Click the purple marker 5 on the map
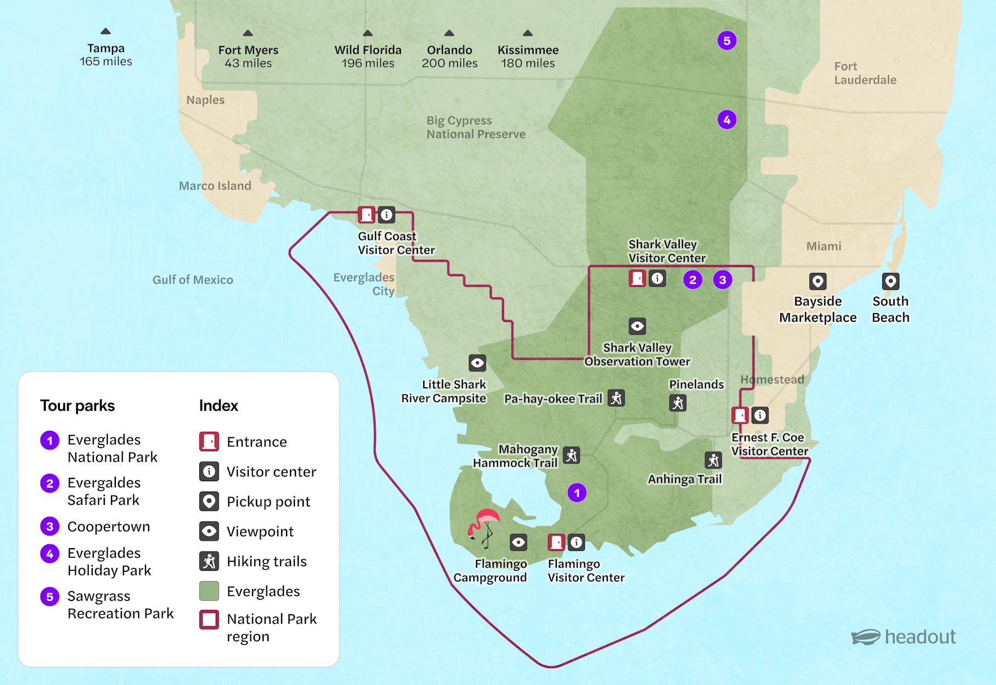coord(726,41)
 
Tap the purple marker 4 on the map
coord(726,120)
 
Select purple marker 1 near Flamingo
coord(577,493)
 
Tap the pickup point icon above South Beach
coord(890,282)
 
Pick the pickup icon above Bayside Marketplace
coord(818,282)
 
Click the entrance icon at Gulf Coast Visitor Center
coord(366,215)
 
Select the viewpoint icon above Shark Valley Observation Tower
coord(637,326)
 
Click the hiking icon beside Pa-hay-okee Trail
coord(617,398)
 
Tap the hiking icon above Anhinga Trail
coord(713,460)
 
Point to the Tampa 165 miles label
coord(106,54)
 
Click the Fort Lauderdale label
coord(865,73)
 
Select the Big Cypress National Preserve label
coord(475,127)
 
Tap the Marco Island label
coord(215,186)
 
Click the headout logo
coord(903,637)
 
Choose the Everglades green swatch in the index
coord(209,591)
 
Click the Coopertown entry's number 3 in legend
coord(50,526)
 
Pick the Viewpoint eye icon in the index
coord(209,531)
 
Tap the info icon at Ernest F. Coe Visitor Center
coord(760,415)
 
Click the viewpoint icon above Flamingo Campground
coord(518,543)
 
